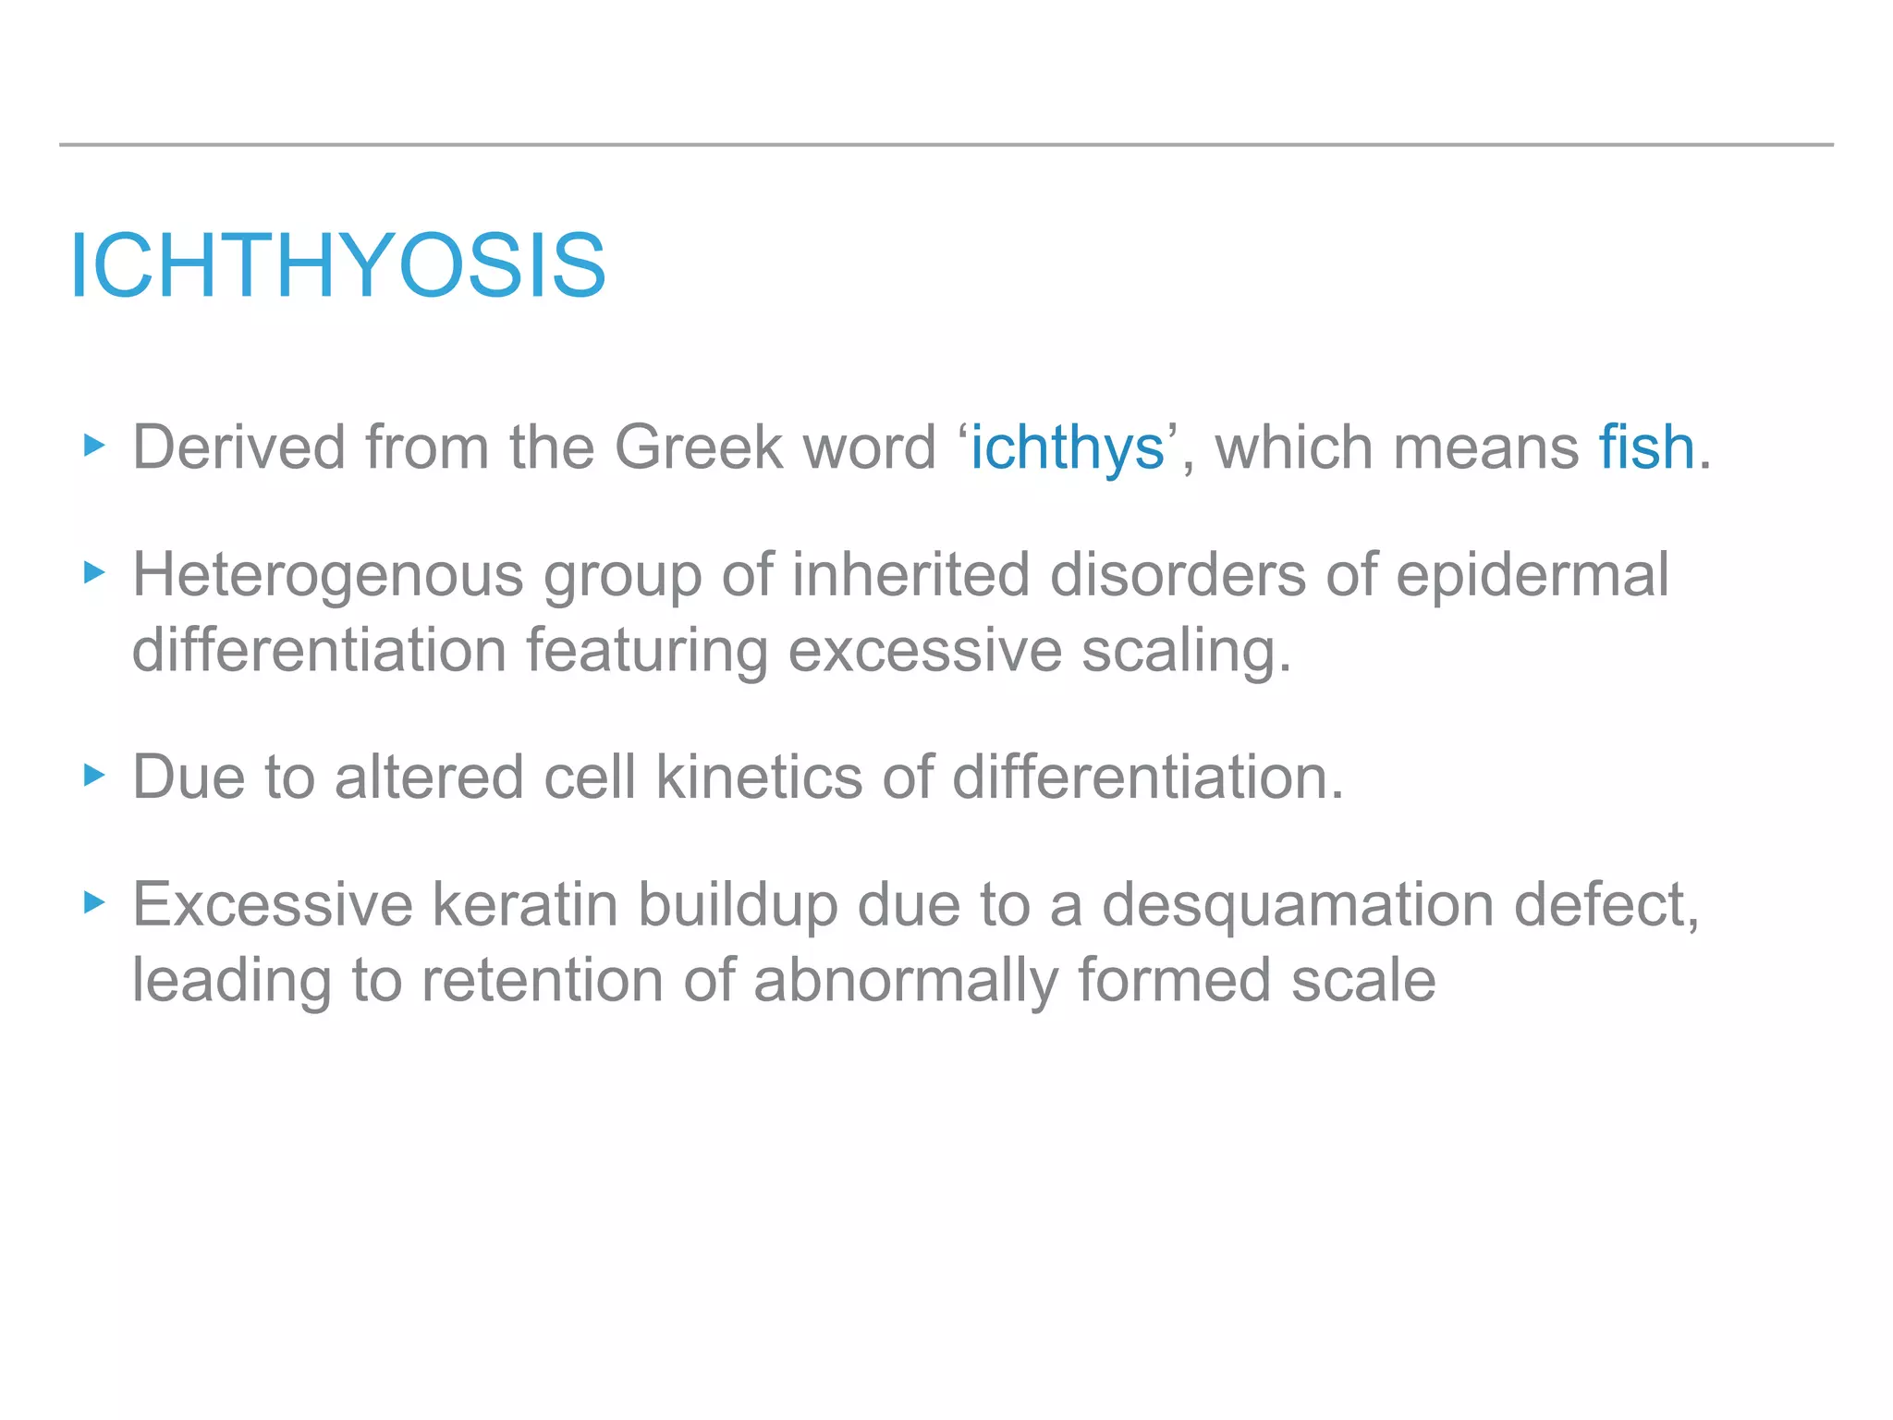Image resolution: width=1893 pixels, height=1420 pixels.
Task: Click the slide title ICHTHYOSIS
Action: (337, 266)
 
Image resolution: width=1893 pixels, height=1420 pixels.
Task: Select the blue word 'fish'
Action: (1646, 447)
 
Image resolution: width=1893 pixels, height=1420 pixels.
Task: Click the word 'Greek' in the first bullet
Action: (698, 447)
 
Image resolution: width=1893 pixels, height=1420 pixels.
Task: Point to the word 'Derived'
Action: (238, 447)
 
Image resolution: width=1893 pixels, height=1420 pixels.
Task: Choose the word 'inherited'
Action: (910, 575)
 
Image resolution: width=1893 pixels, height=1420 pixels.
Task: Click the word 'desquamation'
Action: (1298, 906)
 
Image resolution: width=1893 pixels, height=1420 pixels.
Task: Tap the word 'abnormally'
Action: (905, 982)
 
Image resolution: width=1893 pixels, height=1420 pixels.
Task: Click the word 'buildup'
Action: (738, 906)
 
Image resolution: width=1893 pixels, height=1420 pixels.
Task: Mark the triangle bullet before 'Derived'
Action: (94, 447)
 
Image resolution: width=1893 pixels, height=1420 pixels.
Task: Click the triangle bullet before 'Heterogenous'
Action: (94, 573)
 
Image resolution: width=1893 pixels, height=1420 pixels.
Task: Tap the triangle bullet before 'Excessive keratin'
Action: (94, 902)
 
